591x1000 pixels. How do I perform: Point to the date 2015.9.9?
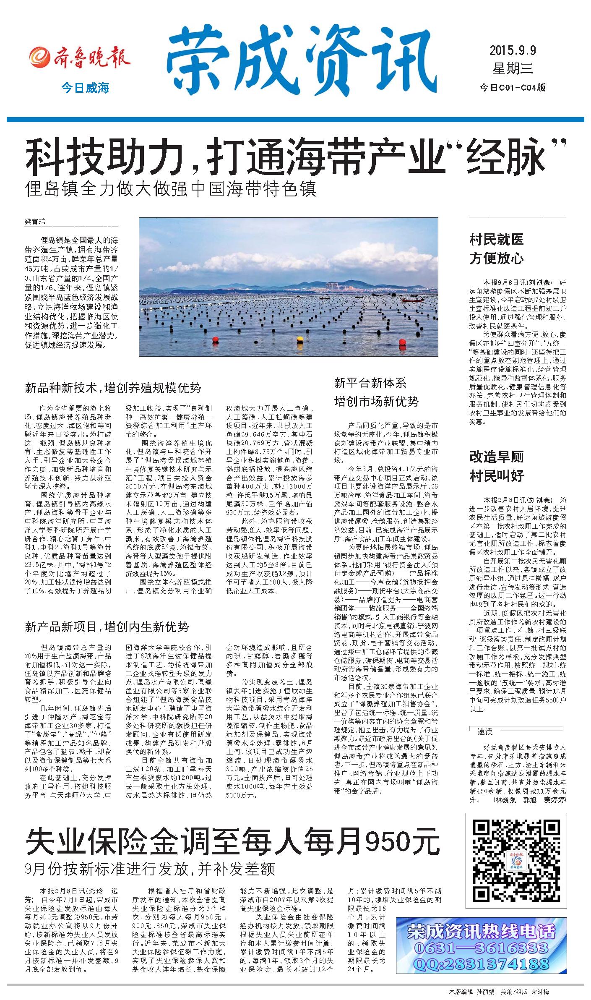pos(513,51)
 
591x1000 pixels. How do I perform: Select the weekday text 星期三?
pos(512,68)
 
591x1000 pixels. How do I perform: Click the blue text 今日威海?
pos(85,89)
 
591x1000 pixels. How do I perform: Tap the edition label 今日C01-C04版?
pos(513,87)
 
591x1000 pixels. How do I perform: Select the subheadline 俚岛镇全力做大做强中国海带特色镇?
pos(170,189)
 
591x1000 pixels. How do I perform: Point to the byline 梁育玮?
pos(35,222)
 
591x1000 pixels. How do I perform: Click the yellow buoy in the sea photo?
pos(299,339)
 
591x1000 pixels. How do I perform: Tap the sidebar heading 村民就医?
pos(496,240)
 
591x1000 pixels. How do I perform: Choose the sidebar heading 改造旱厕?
pos(496,457)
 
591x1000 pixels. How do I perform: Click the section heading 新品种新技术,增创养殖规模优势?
pos(113,387)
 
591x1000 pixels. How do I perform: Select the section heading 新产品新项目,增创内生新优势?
pos(107,627)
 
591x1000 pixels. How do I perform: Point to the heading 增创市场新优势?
pos(376,402)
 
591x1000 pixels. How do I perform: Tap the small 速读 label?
pos(485,732)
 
